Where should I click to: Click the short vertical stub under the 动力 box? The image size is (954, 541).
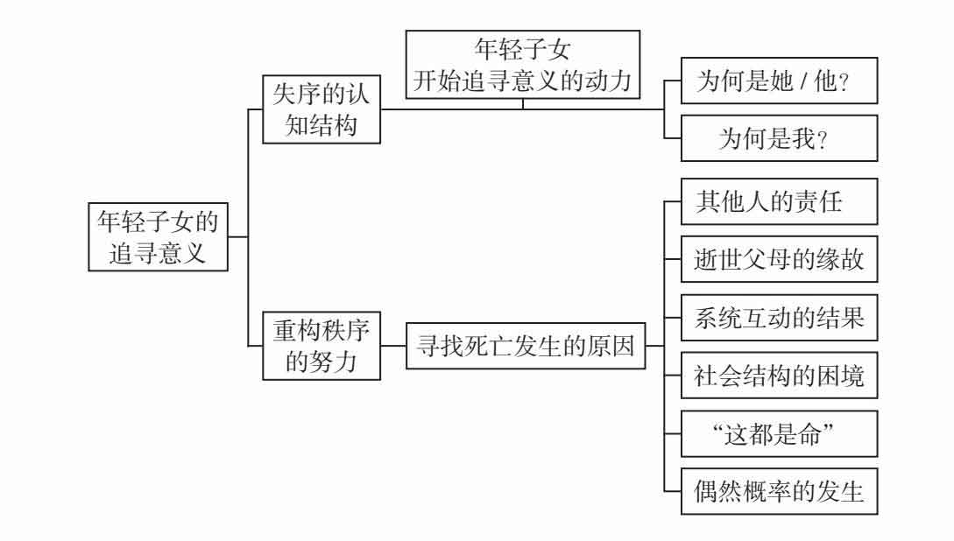pyautogui.click(x=523, y=103)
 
